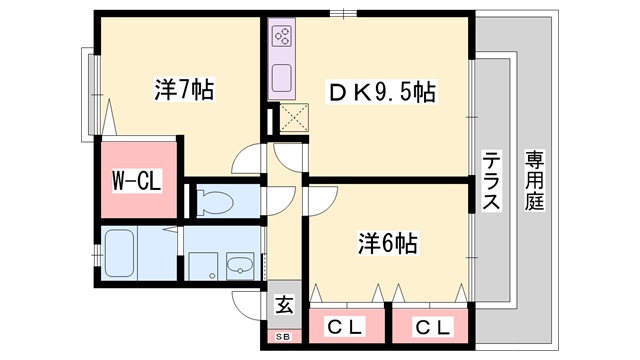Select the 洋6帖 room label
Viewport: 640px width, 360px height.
387,242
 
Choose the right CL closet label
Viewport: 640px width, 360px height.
428,326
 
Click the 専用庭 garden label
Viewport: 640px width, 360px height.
535,181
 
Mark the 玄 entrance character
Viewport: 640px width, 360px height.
284,304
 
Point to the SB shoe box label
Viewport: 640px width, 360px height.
284,337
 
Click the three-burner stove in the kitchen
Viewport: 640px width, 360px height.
281,39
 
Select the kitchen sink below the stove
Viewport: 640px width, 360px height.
281,76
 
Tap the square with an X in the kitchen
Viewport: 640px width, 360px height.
294,119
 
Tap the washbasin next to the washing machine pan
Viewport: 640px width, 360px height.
240,265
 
